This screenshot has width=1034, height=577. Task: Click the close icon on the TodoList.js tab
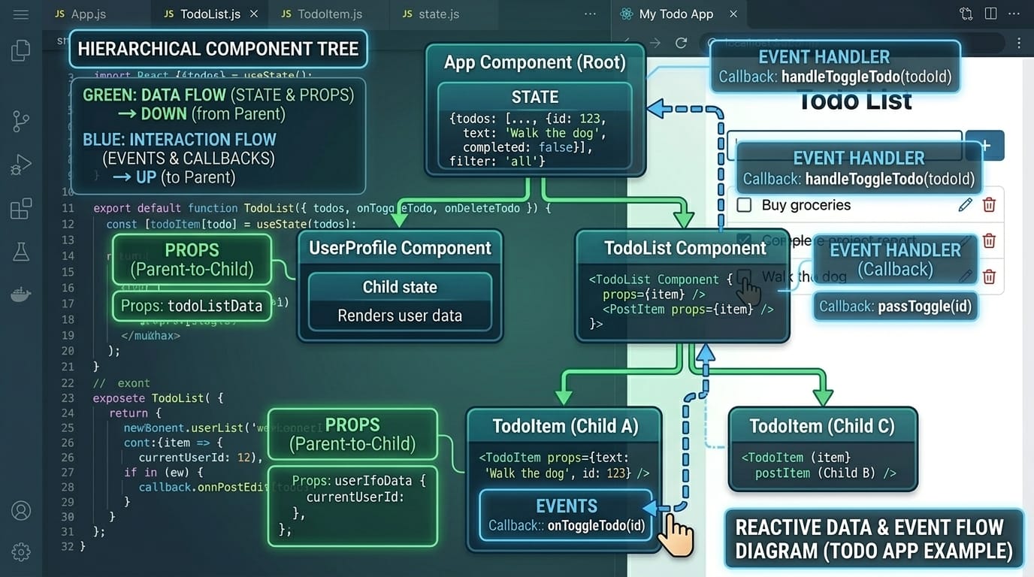point(254,14)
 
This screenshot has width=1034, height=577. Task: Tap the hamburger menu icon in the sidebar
point(21,14)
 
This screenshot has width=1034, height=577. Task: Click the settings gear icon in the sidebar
point(21,551)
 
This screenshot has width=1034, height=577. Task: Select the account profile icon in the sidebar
point(21,511)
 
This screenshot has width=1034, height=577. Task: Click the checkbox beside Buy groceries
point(744,205)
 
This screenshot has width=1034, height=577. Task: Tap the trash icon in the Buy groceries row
point(989,205)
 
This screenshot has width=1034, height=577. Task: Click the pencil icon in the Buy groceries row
point(965,205)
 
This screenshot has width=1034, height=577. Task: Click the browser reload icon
point(681,43)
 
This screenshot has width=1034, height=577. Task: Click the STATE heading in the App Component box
point(534,97)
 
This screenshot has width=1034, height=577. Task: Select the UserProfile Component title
point(400,248)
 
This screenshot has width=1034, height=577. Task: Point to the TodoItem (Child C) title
point(822,427)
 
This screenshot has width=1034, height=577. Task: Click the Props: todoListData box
point(192,306)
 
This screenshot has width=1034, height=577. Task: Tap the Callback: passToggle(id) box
point(895,307)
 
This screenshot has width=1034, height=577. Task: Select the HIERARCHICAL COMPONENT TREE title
point(218,50)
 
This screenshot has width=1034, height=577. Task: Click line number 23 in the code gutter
point(68,398)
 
